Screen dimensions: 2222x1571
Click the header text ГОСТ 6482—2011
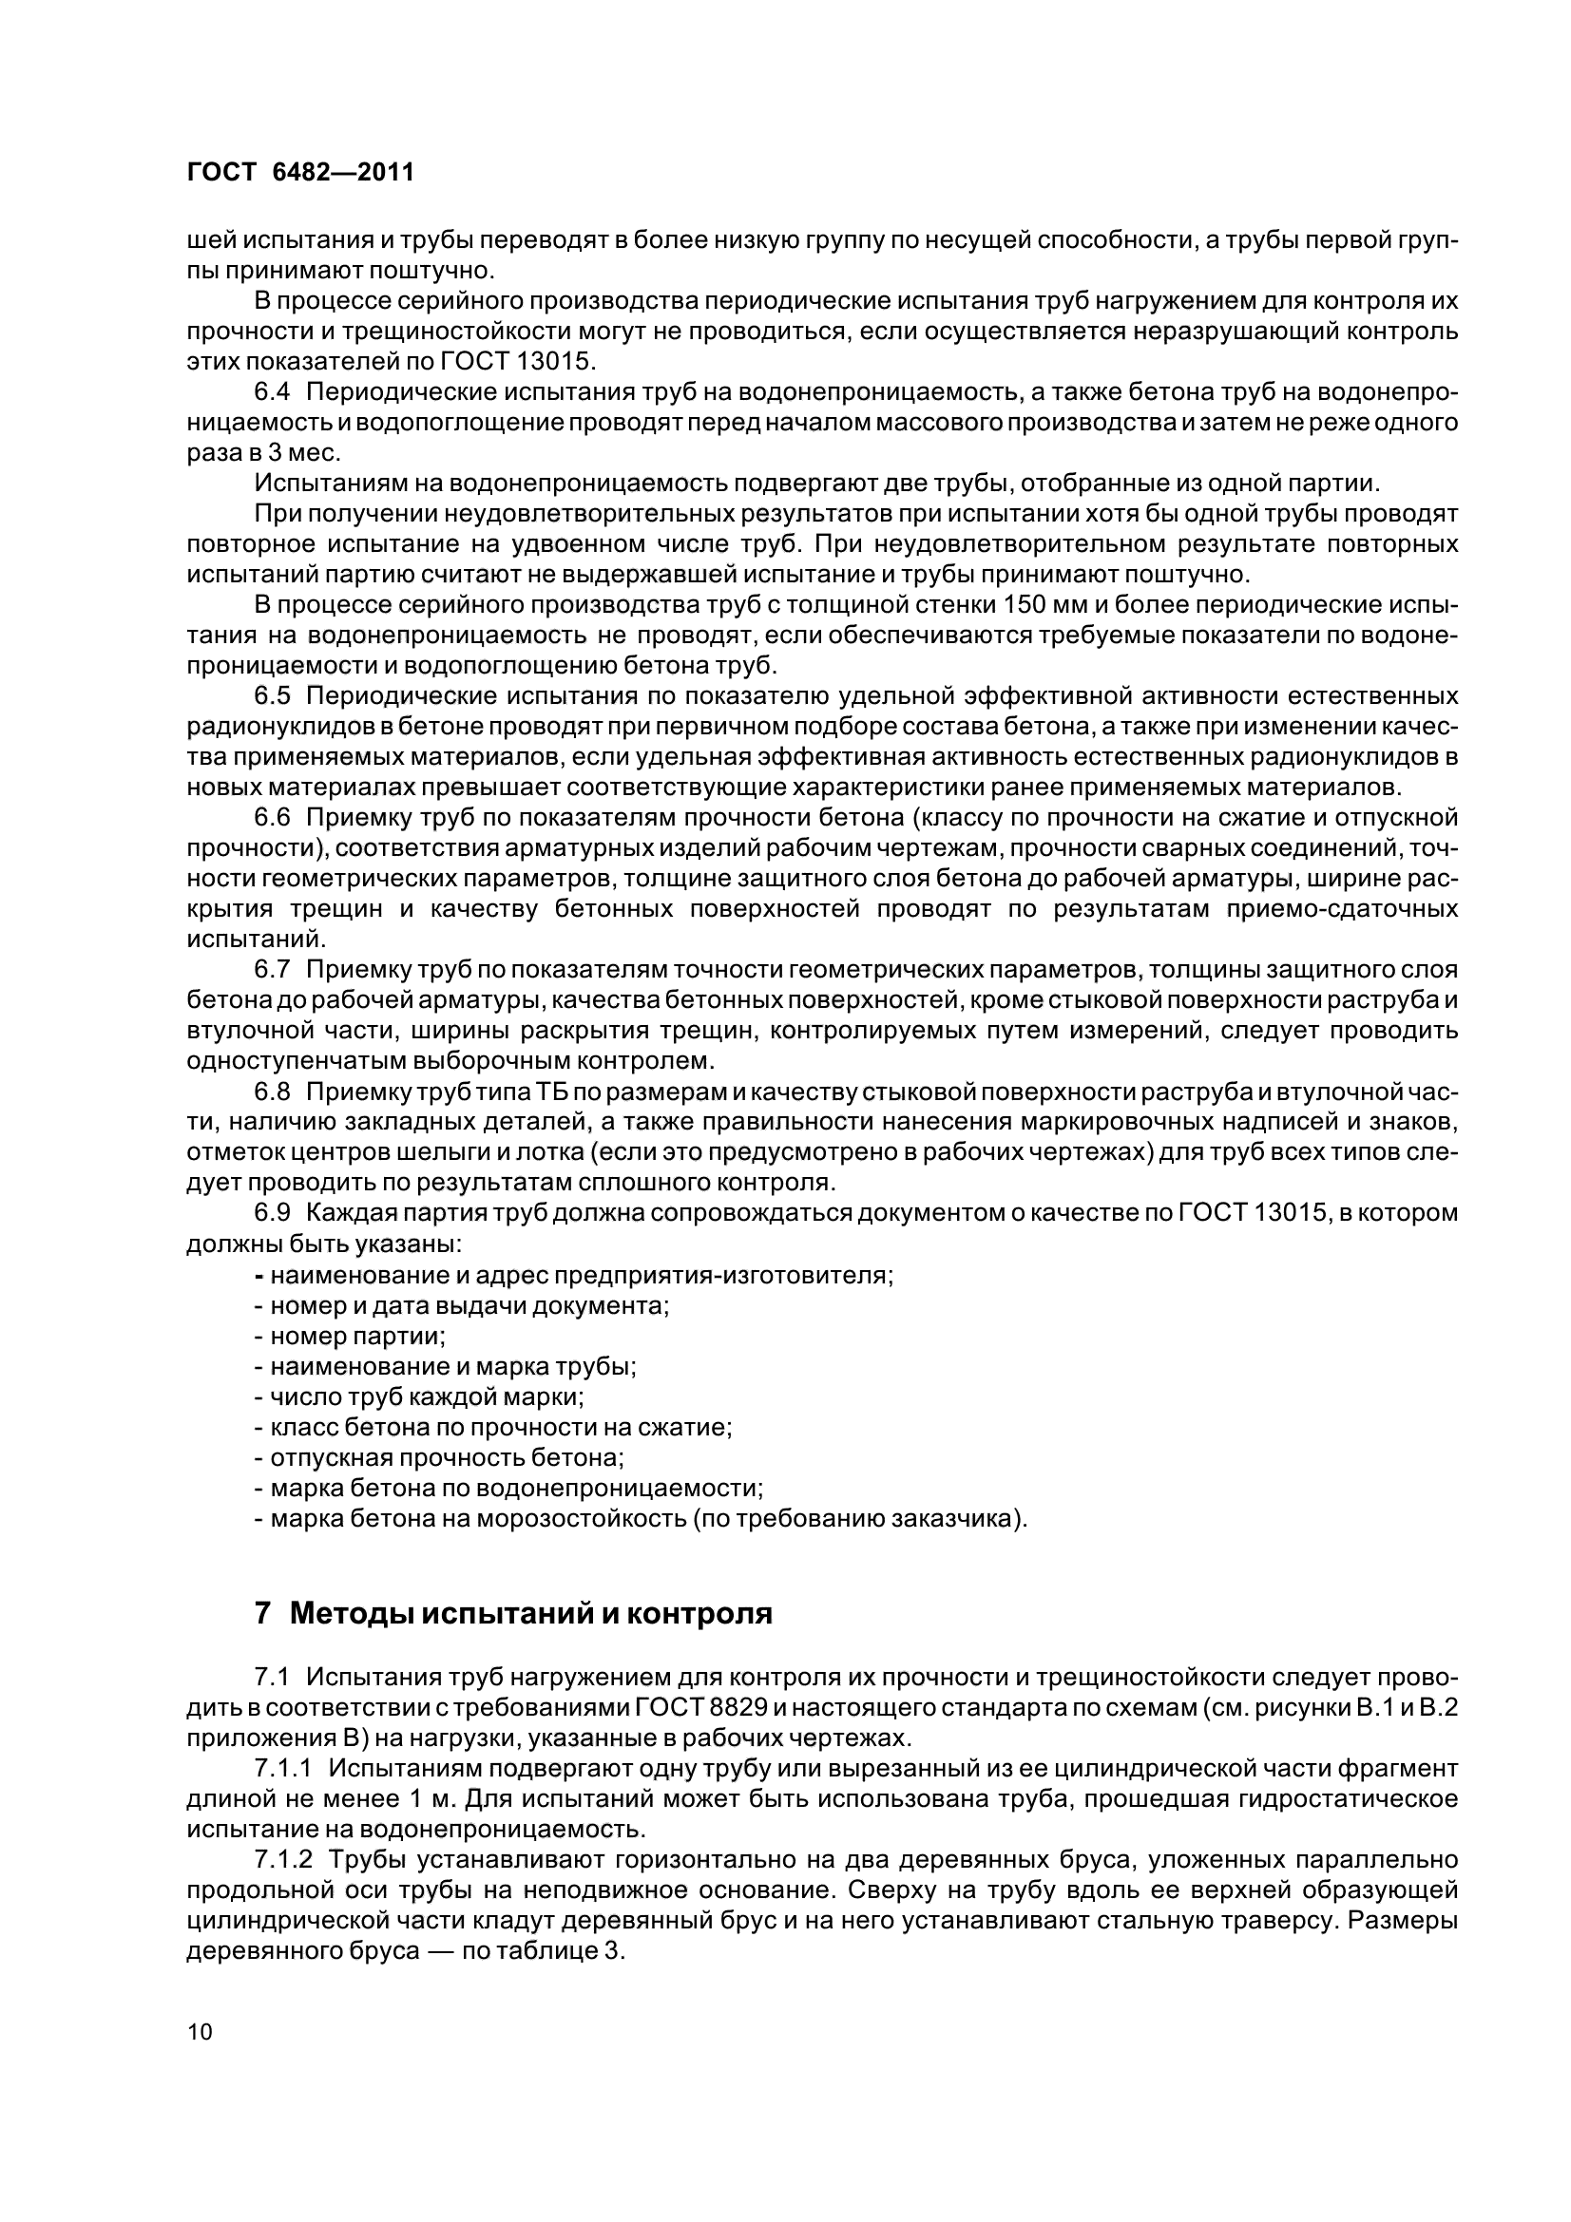click(300, 172)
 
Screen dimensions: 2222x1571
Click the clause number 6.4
click(272, 392)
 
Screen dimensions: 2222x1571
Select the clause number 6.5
click(272, 695)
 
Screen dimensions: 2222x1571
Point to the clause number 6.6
click(272, 818)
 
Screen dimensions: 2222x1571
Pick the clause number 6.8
click(272, 1092)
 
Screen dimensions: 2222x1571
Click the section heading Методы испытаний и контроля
click(530, 1613)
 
